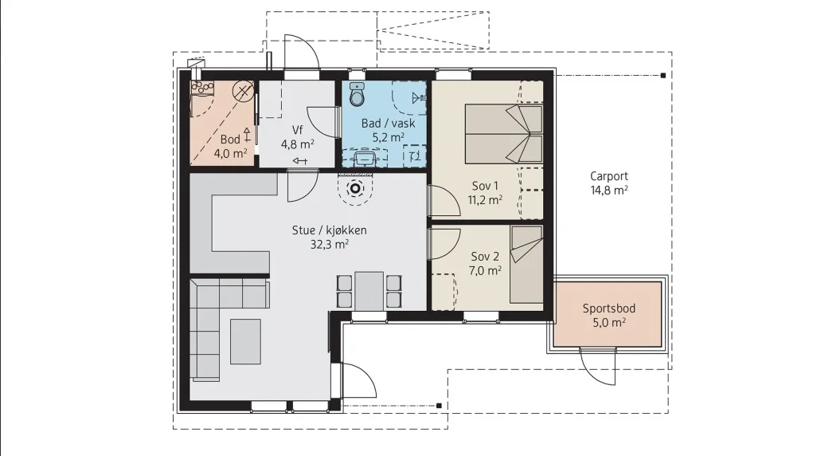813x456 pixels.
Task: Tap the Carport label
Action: (608, 176)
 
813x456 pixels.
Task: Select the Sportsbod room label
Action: (608, 309)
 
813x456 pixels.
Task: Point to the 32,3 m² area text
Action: (329, 244)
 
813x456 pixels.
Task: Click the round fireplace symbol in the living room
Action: (355, 189)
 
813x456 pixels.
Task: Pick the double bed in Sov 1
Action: (503, 134)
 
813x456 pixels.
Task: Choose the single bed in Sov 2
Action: (526, 265)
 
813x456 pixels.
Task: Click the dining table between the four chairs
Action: (369, 291)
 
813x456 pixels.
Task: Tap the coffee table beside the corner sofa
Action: (246, 341)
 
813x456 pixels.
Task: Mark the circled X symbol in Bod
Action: (242, 92)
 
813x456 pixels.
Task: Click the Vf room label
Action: (297, 130)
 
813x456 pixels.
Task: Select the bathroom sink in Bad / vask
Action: (365, 157)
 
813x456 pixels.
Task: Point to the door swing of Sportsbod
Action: (597, 367)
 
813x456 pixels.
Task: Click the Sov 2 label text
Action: (485, 257)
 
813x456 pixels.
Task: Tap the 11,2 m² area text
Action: (485, 200)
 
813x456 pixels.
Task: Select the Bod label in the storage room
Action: (230, 140)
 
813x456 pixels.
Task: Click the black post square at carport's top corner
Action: (663, 76)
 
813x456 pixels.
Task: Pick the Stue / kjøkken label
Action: (329, 230)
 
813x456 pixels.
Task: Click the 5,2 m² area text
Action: (389, 137)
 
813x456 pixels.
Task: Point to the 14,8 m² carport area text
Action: (608, 190)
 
